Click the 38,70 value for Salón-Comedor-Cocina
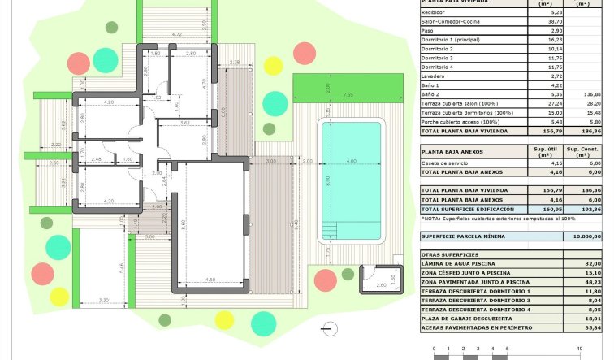(556, 24)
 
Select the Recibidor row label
(434, 13)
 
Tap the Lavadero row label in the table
(435, 76)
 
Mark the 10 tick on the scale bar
(580, 349)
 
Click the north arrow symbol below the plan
(328, 327)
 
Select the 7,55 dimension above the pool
(348, 96)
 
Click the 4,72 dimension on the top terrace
(176, 35)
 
